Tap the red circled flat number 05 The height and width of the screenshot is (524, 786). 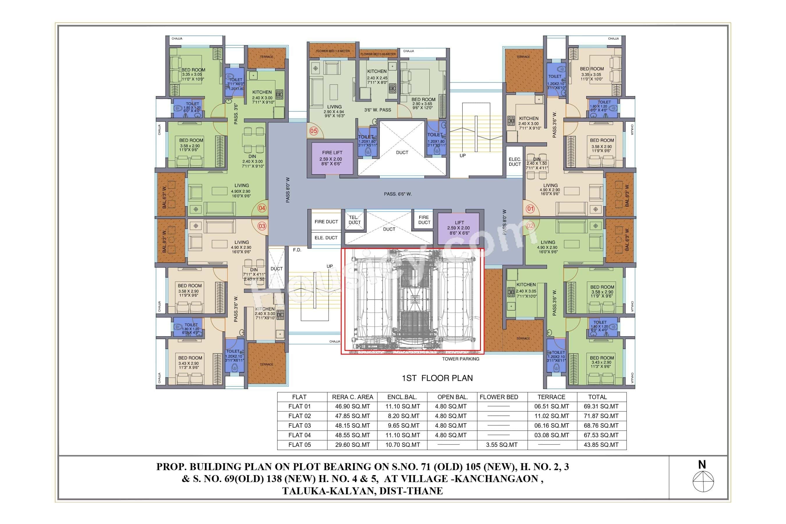(x=314, y=131)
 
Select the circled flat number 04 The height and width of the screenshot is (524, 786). (x=262, y=208)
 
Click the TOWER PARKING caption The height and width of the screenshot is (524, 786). (x=461, y=359)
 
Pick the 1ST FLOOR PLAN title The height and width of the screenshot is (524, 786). (x=437, y=378)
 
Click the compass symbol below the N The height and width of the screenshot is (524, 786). (x=703, y=481)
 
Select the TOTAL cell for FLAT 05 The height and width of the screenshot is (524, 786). (x=601, y=445)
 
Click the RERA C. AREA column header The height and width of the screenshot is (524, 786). (x=352, y=397)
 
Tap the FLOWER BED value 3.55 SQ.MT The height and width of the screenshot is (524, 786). (x=502, y=445)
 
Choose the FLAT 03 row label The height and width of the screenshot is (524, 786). (x=300, y=426)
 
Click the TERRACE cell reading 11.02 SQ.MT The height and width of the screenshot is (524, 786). (x=551, y=416)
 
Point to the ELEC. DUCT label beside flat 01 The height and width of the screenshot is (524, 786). (x=515, y=162)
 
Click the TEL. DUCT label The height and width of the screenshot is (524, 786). (x=354, y=220)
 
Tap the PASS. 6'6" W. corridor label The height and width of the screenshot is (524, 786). (x=397, y=194)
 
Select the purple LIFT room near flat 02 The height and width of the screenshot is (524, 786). (x=458, y=228)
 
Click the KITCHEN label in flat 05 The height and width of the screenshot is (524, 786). (x=377, y=71)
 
